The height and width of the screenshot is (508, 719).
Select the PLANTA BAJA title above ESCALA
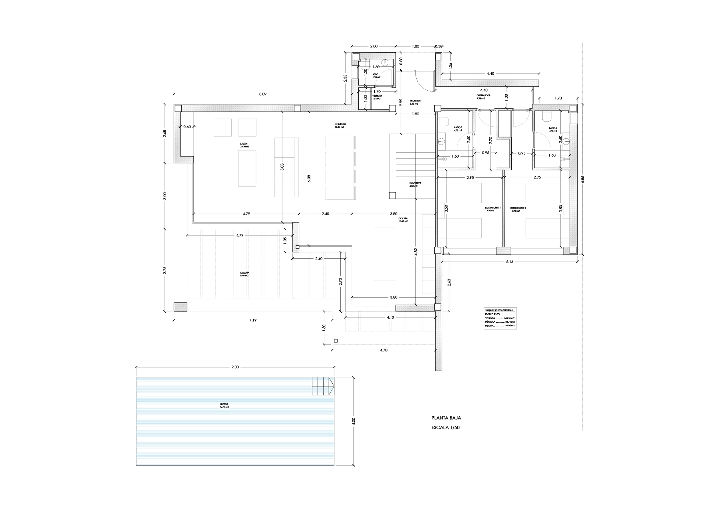[x=446, y=418]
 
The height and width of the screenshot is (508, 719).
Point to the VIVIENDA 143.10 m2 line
[x=499, y=318]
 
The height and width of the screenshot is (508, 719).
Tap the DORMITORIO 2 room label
[x=518, y=209]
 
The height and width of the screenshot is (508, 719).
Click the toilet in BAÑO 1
[x=444, y=121]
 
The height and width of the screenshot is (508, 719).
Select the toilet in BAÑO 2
[x=546, y=117]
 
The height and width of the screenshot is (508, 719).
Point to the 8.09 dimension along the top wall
[x=262, y=94]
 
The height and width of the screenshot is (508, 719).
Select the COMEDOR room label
[x=340, y=125]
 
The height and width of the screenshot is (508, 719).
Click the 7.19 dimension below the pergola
[x=252, y=320]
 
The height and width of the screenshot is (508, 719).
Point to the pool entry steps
[x=322, y=386]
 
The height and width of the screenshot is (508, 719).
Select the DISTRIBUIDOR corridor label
[x=483, y=97]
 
